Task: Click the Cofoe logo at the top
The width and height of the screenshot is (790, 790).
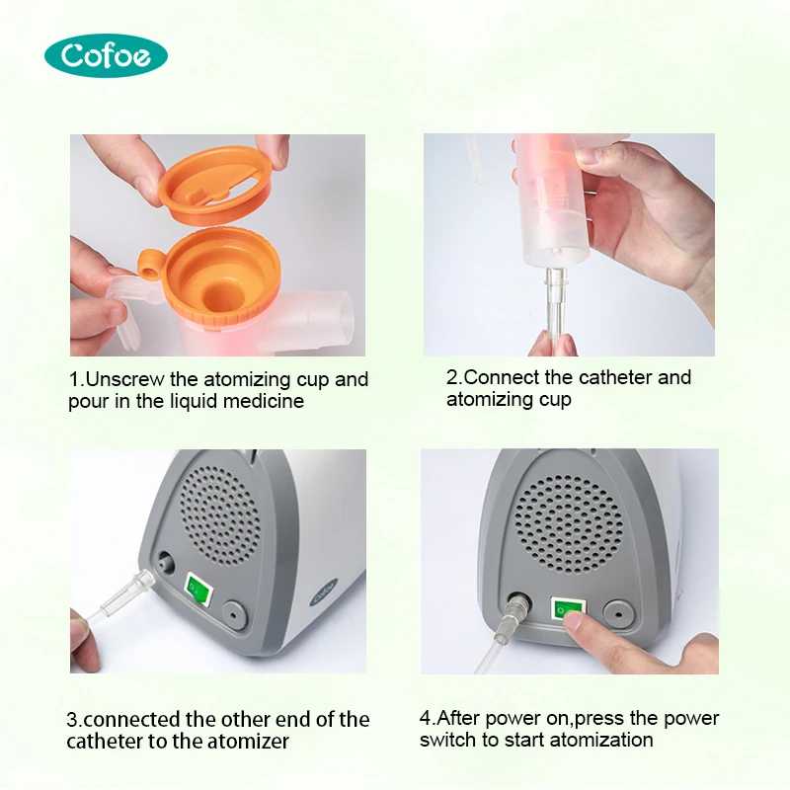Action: point(106,54)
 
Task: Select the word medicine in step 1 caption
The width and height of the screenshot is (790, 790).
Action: point(267,401)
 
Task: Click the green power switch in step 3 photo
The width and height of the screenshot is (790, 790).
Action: point(199,592)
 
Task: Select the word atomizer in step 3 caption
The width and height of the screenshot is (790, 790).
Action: point(252,741)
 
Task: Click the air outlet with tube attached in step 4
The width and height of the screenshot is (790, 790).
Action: point(514,605)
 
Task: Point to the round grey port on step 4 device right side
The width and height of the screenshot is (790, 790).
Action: point(618,612)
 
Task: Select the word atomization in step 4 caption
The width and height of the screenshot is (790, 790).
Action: point(602,740)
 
